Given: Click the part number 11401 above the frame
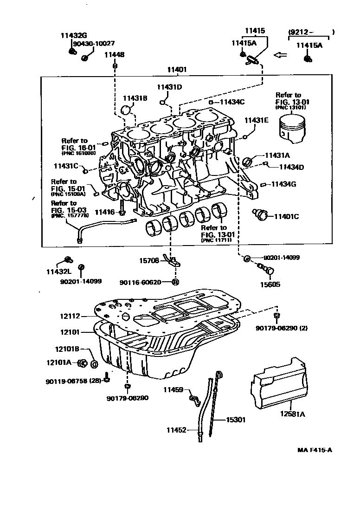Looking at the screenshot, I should click(177, 70).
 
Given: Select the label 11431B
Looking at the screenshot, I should click(135, 98).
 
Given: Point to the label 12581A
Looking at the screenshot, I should click(292, 414).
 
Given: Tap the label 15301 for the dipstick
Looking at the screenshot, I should click(236, 420).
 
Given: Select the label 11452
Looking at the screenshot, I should click(176, 430).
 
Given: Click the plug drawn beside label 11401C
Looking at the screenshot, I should click(262, 214).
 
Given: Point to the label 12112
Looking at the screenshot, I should click(70, 317).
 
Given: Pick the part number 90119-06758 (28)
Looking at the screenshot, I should click(74, 381).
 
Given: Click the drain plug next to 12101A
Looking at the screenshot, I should click(83, 363).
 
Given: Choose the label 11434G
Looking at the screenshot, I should click(284, 184).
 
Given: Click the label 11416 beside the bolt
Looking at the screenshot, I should click(104, 212).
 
